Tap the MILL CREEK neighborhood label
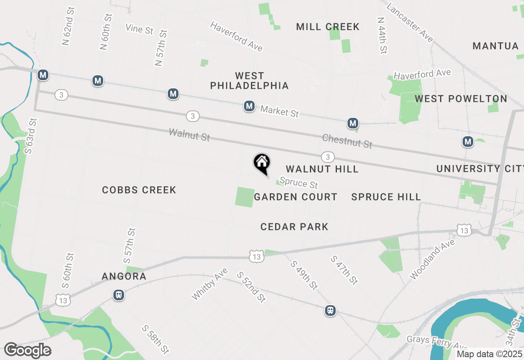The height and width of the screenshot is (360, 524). click(327, 27)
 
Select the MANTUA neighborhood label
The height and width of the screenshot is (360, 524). click(495, 46)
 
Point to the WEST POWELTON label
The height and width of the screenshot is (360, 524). click(461, 99)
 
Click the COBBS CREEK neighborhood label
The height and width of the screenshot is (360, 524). click(139, 190)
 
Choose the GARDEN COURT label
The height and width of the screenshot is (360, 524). click(296, 197)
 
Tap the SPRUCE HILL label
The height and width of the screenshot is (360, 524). click(386, 197)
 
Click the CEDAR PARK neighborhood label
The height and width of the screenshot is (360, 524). click(294, 227)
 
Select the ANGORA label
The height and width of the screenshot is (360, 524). click(124, 277)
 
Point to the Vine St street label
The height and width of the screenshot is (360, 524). click(140, 29)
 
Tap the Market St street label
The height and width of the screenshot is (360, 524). click(280, 111)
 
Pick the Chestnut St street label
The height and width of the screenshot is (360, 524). click(347, 141)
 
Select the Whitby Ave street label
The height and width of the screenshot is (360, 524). click(209, 284)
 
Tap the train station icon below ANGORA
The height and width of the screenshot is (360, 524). click(119, 295)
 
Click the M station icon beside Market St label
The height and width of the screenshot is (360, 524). click(249, 106)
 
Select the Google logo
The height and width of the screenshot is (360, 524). click(28, 351)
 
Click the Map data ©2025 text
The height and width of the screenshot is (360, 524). click(489, 354)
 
